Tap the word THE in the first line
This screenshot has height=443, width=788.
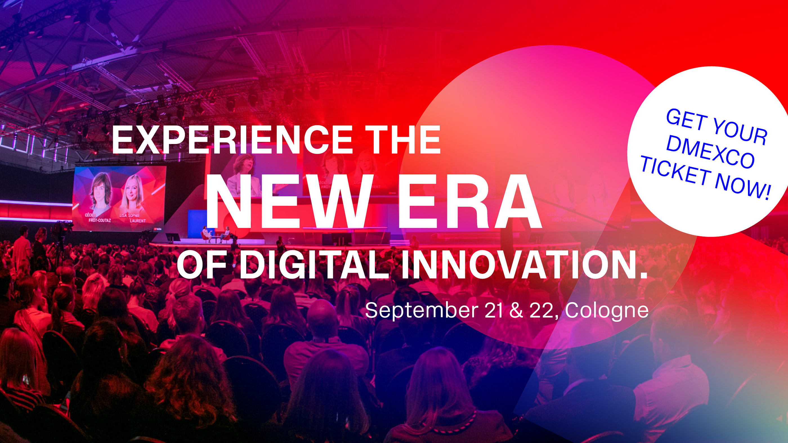(x=402, y=140)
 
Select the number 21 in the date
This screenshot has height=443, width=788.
(x=493, y=310)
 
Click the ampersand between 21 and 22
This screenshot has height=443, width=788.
(x=517, y=310)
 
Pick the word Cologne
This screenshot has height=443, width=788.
(x=606, y=311)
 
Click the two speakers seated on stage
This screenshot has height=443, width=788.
(x=216, y=234)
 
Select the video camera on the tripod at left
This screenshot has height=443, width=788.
(x=62, y=228)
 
